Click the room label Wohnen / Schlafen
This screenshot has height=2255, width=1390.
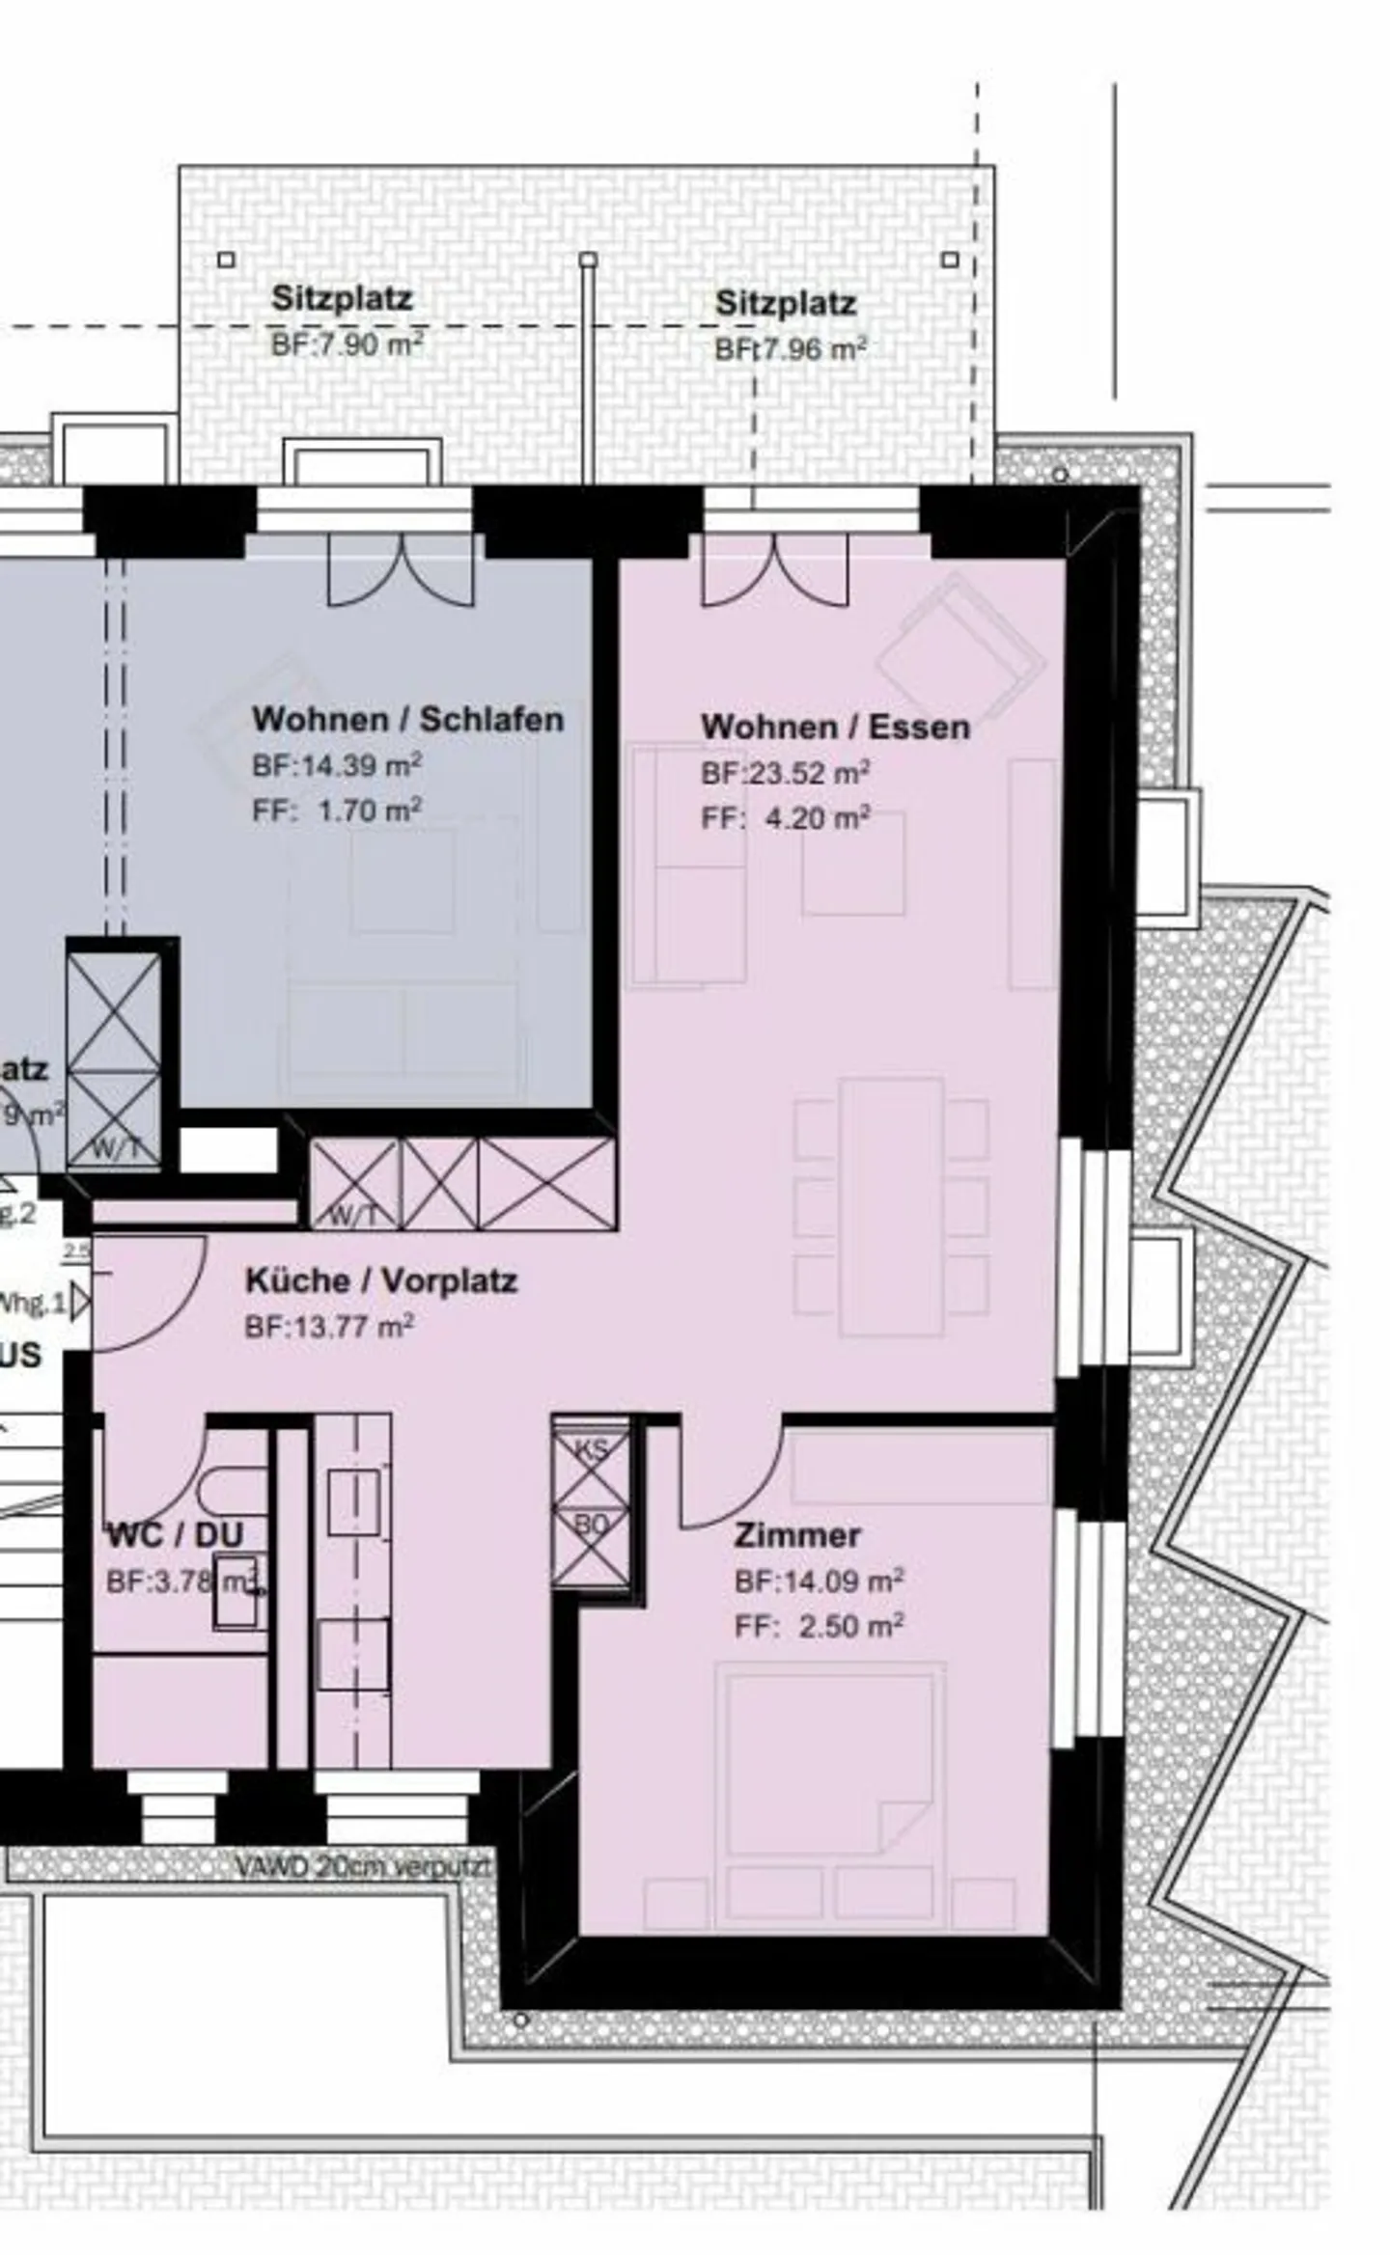[407, 720]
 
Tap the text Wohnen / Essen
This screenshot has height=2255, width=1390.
[835, 728]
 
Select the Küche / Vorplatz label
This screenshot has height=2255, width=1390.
[381, 1281]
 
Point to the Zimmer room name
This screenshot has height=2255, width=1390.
[797, 1535]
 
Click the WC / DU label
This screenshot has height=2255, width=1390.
[175, 1535]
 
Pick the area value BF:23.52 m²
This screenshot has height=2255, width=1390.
[785, 774]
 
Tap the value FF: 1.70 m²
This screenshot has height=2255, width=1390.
[337, 811]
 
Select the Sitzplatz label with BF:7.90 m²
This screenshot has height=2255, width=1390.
[342, 298]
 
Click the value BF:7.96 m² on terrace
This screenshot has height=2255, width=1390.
[790, 349]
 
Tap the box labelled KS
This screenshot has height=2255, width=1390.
[591, 1450]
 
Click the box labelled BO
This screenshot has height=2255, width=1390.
[591, 1526]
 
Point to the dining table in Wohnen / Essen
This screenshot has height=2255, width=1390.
[891, 1206]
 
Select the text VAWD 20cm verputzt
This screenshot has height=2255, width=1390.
[363, 1866]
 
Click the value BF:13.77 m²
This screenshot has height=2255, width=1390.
[329, 1328]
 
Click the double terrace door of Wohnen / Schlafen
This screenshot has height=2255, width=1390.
[402, 571]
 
